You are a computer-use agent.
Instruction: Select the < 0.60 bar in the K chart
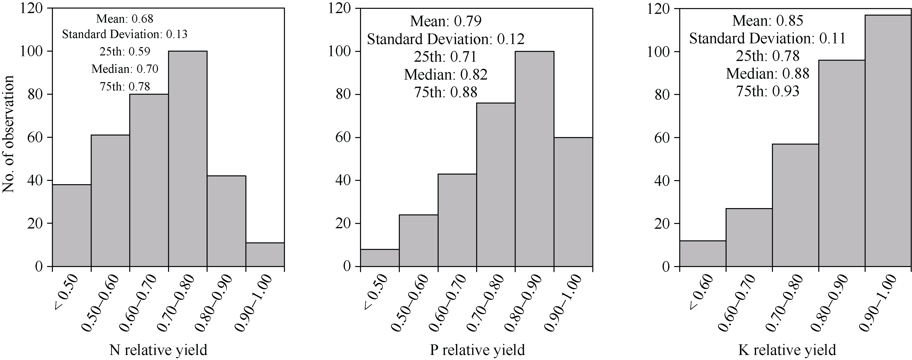(702, 253)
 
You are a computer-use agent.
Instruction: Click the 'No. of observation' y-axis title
(9, 134)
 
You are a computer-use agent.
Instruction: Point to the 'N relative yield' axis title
(158, 350)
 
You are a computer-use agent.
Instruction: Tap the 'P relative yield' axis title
(477, 350)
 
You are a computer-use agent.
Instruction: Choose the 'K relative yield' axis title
(787, 350)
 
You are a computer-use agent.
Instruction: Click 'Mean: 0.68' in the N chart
(125, 18)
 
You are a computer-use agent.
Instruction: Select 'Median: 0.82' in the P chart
(446, 74)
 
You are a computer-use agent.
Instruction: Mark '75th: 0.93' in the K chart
(768, 91)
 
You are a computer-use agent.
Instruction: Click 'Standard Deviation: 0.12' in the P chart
(446, 39)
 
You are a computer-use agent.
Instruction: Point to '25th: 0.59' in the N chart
(125, 51)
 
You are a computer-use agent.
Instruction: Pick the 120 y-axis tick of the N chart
(31, 9)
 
